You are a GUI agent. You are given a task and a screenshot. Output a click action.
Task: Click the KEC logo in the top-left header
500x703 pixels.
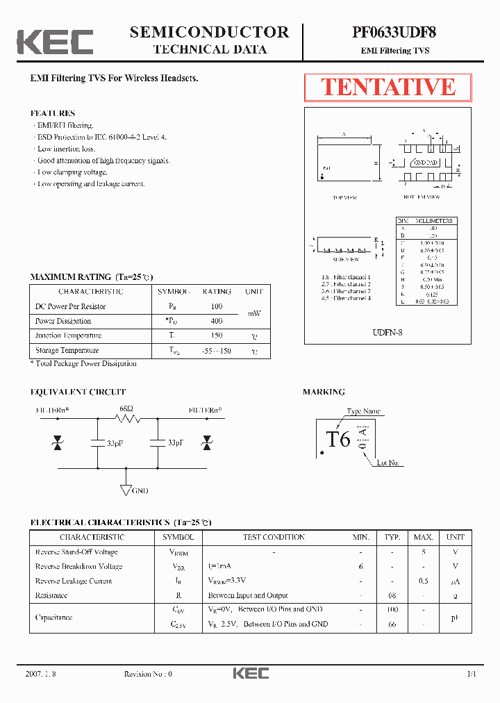[x=55, y=41]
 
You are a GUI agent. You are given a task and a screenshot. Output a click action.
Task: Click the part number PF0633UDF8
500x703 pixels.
[x=394, y=32]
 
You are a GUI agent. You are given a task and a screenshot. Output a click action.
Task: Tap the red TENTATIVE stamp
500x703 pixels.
[x=387, y=88]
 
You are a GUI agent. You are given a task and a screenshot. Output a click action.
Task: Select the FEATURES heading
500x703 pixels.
[x=53, y=113]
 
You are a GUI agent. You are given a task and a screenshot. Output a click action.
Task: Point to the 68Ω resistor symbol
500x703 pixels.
[x=127, y=418]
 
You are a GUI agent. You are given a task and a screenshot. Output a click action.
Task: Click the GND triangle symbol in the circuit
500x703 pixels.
[x=126, y=490]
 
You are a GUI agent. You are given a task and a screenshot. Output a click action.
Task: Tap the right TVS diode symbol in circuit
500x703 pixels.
[x=206, y=443]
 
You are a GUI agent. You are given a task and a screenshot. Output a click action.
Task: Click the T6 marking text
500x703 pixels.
[x=338, y=440]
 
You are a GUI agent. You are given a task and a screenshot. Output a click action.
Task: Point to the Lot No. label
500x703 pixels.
[x=387, y=463]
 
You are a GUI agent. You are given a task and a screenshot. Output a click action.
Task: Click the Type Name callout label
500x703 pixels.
[x=363, y=411]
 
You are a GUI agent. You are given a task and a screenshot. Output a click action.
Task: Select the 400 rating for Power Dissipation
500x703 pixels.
[x=217, y=321]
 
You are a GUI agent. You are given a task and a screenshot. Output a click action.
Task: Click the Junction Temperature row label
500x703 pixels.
[x=67, y=336]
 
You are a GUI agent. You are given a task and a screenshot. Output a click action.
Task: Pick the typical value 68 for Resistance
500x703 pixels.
[x=392, y=595]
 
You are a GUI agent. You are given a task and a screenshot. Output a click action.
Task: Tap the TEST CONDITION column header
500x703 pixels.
[x=274, y=537]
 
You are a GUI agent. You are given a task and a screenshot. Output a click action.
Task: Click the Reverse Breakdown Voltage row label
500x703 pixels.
[x=78, y=566]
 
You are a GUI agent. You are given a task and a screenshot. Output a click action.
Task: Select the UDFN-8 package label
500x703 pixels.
[x=387, y=333]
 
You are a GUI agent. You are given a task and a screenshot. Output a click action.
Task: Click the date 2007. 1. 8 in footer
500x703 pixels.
[x=40, y=674]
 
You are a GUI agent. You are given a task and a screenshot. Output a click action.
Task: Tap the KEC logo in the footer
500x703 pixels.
[x=250, y=674]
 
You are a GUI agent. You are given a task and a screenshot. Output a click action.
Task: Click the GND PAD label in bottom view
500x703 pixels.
[x=425, y=163]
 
